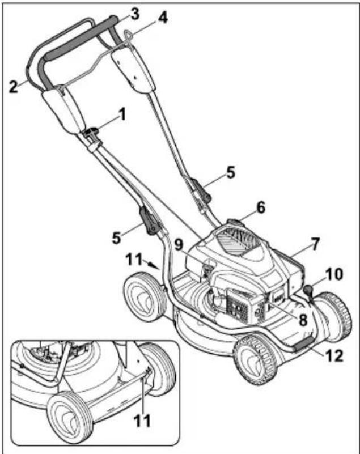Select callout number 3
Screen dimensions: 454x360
134,11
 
